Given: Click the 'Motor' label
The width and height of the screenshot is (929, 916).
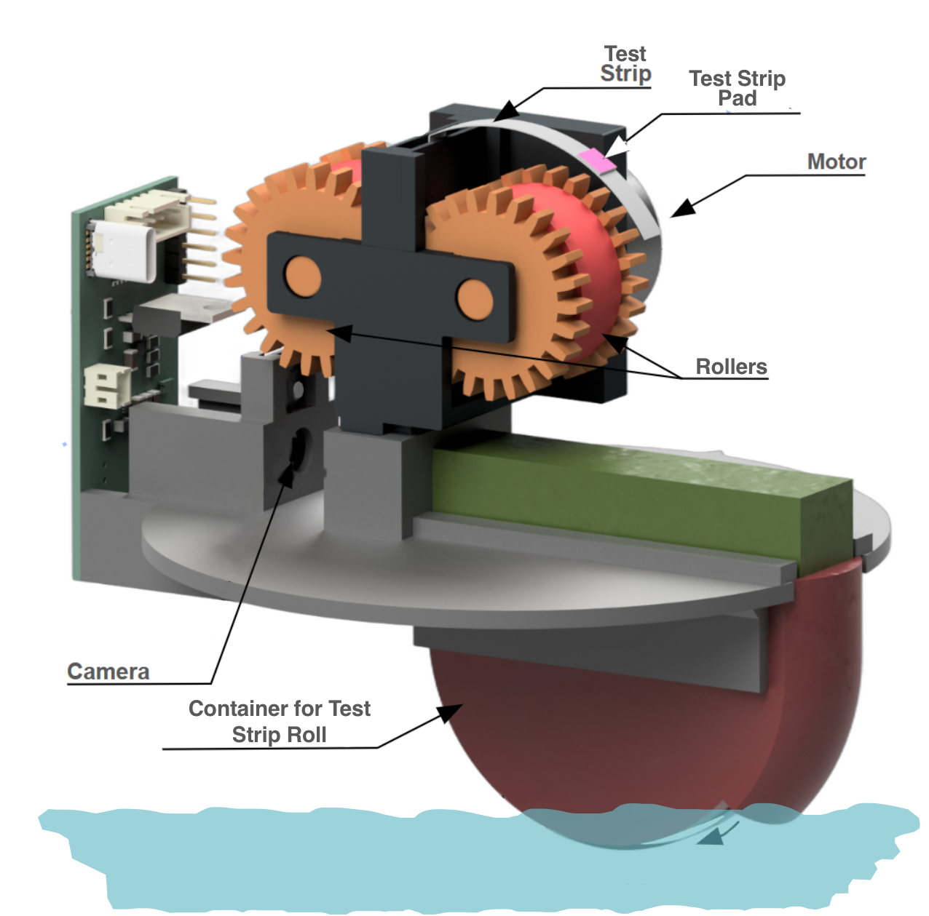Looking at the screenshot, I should click(x=836, y=162).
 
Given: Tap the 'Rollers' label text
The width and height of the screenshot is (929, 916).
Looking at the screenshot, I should click(x=731, y=367).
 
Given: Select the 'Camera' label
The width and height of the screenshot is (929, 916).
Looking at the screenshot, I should click(x=108, y=671).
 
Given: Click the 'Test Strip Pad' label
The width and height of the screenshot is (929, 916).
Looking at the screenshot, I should click(x=737, y=88).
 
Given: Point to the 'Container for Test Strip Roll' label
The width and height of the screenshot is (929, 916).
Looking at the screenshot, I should click(x=279, y=721).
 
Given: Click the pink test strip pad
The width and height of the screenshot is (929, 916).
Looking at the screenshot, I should click(x=598, y=160).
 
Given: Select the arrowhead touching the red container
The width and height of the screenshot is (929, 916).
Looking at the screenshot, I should click(x=451, y=712).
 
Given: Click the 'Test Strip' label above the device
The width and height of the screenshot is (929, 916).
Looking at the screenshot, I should click(x=625, y=64).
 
